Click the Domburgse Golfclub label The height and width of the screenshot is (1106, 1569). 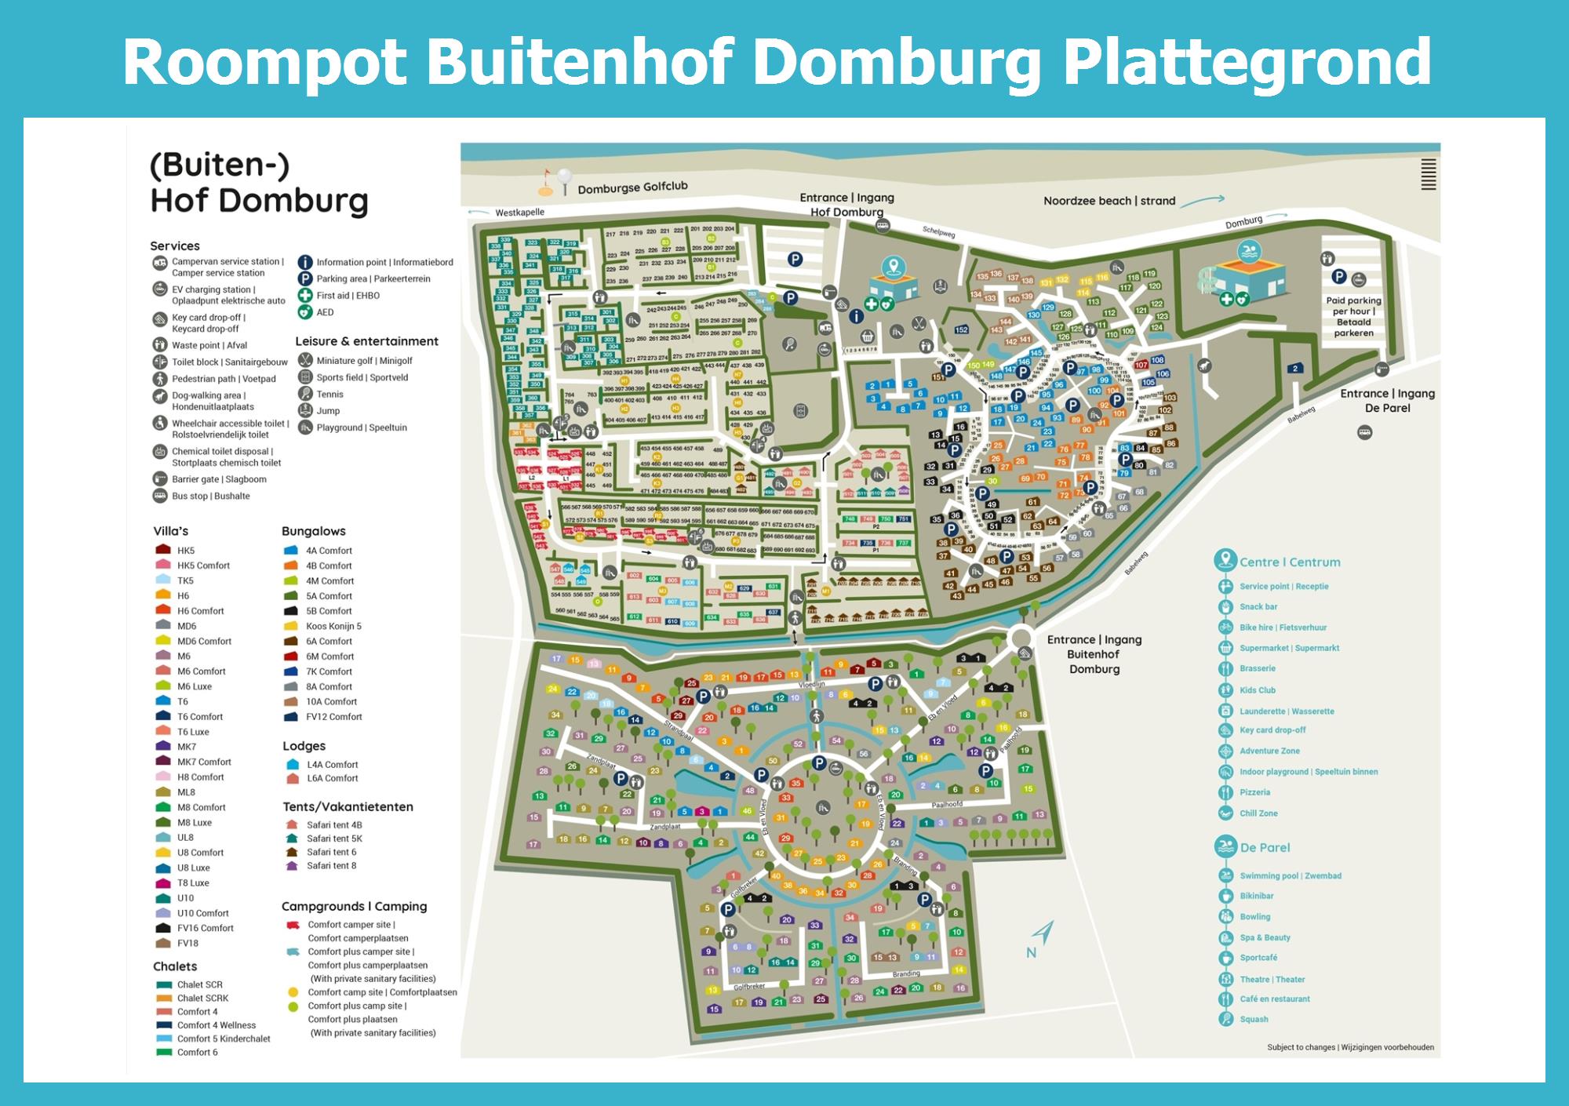[632, 187]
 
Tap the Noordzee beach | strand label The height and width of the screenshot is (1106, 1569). [1108, 201]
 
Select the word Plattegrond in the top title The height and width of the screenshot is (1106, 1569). [1247, 63]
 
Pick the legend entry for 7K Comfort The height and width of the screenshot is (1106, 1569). [329, 671]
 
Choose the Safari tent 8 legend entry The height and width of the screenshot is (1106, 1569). [331, 866]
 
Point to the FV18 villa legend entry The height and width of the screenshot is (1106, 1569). [187, 944]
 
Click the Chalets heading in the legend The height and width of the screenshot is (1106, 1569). [175, 966]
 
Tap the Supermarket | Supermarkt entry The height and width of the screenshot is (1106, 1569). [1289, 648]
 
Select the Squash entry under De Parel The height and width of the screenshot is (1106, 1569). [1254, 1020]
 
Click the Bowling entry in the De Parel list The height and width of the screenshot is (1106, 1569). [1254, 917]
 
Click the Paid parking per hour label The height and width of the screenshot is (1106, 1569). [1353, 316]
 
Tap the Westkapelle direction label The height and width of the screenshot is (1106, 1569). [519, 213]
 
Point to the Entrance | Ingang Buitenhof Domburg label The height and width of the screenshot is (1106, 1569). [1094, 654]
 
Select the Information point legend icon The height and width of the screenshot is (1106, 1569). [304, 262]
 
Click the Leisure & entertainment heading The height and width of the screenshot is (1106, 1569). [366, 341]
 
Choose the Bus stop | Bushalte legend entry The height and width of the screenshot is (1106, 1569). [210, 496]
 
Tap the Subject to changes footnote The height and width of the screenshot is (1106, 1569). [1349, 1047]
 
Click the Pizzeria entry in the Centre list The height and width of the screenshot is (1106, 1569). [1254, 792]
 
